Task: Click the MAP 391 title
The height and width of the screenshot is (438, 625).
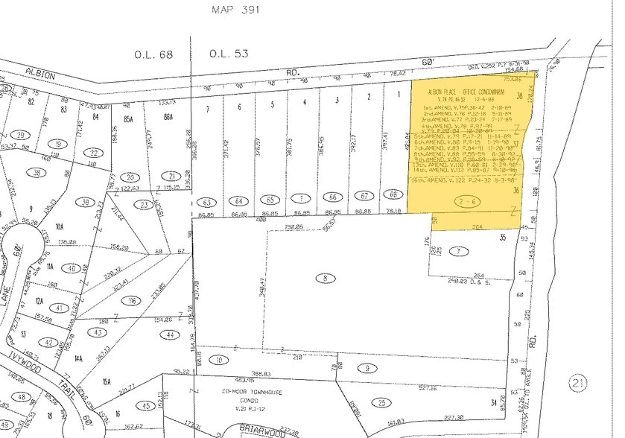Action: tap(238, 10)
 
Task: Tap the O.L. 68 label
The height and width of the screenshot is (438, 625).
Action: tap(153, 54)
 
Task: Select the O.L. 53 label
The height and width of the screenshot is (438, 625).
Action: tap(227, 54)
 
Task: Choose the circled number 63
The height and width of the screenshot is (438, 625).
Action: tap(208, 201)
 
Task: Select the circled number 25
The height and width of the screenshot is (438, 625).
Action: tap(381, 402)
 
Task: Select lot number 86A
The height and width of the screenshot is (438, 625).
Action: tap(168, 117)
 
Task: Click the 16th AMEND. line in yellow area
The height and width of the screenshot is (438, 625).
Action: tap(460, 180)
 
